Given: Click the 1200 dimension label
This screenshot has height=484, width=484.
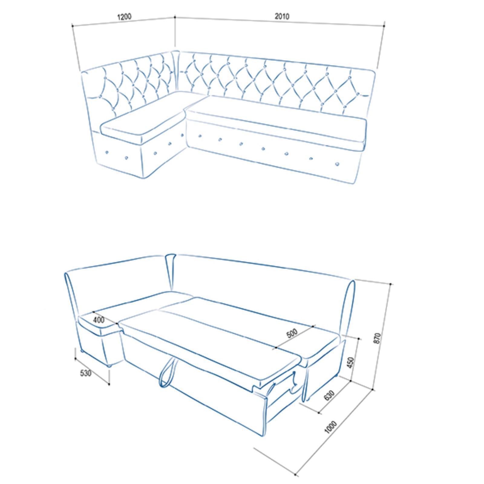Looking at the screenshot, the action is pyautogui.click(x=124, y=16).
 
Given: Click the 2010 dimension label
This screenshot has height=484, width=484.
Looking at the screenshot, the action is pyautogui.click(x=282, y=16).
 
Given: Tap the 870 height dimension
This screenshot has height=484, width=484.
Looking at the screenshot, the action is pyautogui.click(x=377, y=338).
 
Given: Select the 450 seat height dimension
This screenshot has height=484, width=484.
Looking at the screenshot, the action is pyautogui.click(x=351, y=363).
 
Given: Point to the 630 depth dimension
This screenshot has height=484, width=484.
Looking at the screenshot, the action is pyautogui.click(x=329, y=395).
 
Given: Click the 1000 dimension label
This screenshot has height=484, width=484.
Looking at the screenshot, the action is pyautogui.click(x=330, y=427).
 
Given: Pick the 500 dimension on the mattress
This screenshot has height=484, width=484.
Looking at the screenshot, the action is pyautogui.click(x=292, y=333).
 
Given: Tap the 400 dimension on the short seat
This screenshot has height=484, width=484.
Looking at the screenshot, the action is pyautogui.click(x=99, y=320).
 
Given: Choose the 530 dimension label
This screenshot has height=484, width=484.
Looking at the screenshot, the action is pyautogui.click(x=86, y=373).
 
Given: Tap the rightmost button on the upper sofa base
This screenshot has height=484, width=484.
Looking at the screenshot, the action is pyautogui.click(x=337, y=164).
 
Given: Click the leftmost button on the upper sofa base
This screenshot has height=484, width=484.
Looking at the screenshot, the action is pyautogui.click(x=106, y=152).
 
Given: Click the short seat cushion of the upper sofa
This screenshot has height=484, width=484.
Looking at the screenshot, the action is pyautogui.click(x=142, y=118).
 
